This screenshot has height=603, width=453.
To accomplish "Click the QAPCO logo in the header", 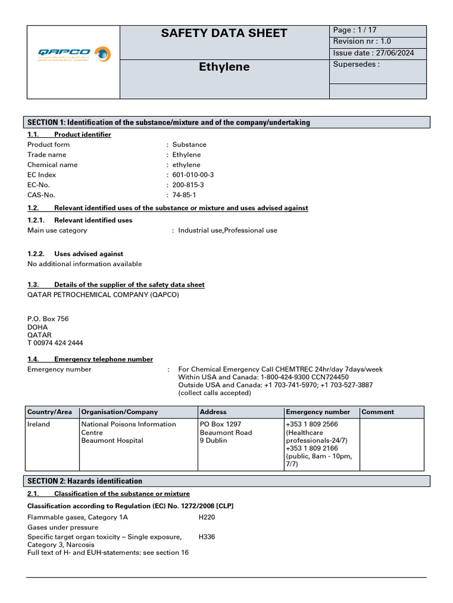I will click(73, 55).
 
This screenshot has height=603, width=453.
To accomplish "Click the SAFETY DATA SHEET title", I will click(224, 34).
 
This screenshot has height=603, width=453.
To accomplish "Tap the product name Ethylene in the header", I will click(224, 67).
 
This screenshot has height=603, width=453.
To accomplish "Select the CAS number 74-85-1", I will click(184, 195).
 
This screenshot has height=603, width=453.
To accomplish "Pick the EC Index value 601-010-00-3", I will click(193, 175).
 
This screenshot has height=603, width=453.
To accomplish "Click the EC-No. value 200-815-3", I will click(188, 185).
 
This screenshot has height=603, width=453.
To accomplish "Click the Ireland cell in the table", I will click(39, 424).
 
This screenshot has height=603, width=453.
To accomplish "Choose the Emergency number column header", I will click(317, 412).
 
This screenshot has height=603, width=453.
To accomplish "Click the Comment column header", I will click(377, 412).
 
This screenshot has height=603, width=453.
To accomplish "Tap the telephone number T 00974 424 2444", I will click(55, 343).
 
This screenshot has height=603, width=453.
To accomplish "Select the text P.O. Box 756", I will click(48, 319).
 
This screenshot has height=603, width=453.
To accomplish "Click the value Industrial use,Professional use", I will click(227, 230).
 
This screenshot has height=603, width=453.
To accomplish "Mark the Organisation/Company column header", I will click(119, 412).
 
